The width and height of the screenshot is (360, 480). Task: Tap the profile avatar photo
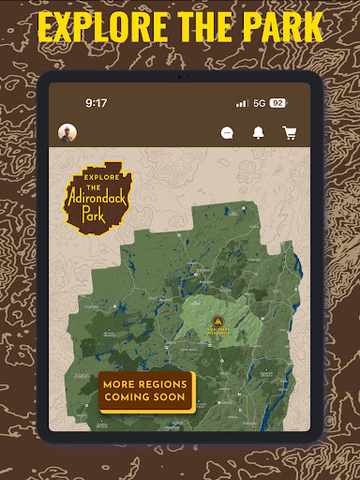[x=67, y=132]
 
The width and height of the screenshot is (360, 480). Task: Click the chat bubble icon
[x=227, y=133]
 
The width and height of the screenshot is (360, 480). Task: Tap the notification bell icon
[x=259, y=133]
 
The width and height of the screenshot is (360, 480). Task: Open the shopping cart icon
[x=290, y=133]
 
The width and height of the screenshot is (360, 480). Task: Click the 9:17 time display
[x=97, y=103]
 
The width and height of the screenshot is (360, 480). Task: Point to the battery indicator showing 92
[x=277, y=103]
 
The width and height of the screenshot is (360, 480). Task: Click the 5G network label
[x=259, y=103]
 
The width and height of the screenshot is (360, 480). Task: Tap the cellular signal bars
[x=242, y=103]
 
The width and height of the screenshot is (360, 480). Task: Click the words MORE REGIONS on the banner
[x=144, y=384]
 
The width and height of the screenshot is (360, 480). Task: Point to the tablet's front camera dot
[x=180, y=77]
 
